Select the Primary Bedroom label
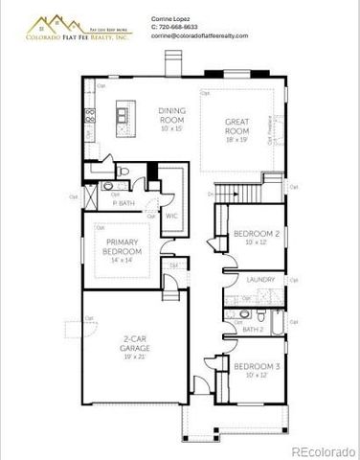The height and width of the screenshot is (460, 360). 123,246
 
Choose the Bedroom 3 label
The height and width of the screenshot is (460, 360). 256,367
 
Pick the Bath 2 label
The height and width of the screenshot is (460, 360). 253,329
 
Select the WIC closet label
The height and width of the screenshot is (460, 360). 172,216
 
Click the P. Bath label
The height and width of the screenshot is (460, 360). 123,202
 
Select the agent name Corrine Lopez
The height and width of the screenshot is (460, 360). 173,18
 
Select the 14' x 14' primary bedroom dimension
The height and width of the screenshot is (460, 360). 123,259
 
